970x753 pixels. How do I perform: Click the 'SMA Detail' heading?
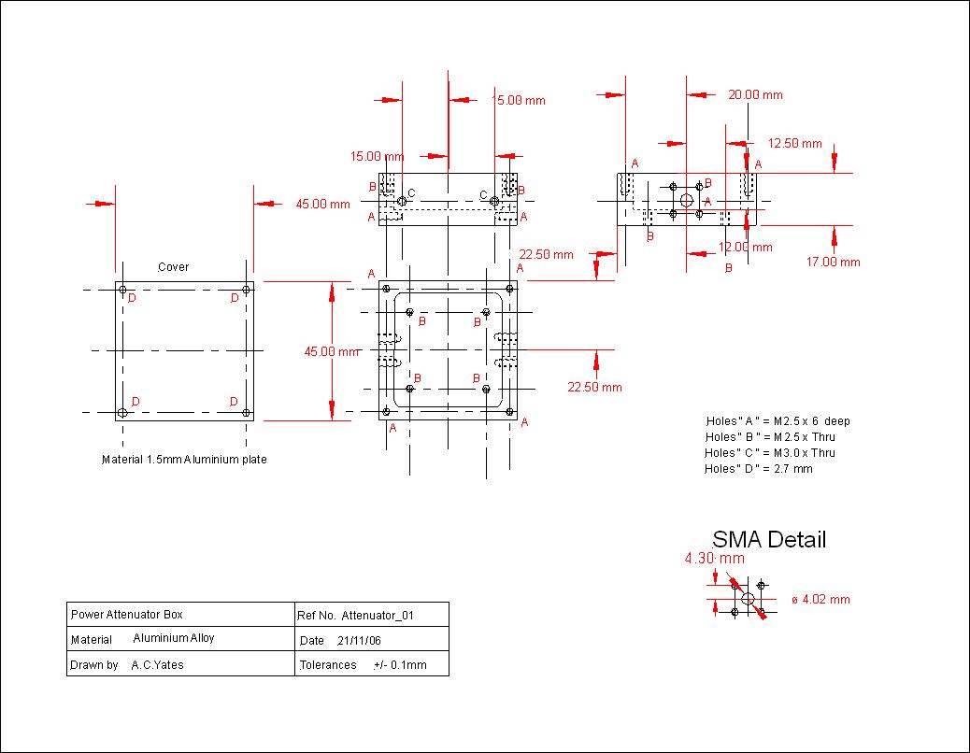tap(769, 539)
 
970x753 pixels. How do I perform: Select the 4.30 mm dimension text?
tap(715, 559)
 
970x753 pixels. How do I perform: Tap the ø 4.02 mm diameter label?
tap(820, 600)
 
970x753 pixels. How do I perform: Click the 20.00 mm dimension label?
tap(755, 94)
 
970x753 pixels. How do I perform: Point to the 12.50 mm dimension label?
tap(794, 144)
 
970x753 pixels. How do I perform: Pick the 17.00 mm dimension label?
tap(833, 263)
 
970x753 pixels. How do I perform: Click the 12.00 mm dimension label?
tap(745, 248)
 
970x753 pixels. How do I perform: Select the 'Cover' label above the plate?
tap(173, 267)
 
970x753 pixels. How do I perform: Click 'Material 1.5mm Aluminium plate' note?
tap(184, 460)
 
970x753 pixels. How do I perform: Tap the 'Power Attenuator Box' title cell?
tap(127, 615)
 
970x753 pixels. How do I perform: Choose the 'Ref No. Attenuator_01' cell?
tap(354, 616)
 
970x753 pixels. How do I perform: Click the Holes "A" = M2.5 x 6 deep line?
tap(777, 421)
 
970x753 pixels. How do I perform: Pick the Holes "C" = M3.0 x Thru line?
tap(770, 453)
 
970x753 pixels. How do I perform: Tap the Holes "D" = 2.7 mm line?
tap(759, 469)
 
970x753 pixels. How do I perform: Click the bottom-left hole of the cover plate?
tap(122, 413)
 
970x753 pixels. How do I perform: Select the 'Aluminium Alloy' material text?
tap(174, 638)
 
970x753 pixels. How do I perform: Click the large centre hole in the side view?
tap(687, 200)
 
